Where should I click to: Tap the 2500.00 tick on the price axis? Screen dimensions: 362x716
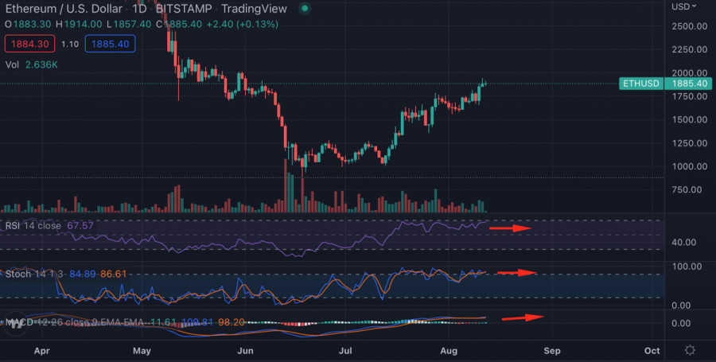pyautogui.click(x=689, y=26)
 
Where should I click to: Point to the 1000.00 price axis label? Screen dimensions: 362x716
pyautogui.click(x=689, y=166)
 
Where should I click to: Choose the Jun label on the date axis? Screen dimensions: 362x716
pyautogui.click(x=246, y=350)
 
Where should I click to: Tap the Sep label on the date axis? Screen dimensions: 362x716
pyautogui.click(x=552, y=350)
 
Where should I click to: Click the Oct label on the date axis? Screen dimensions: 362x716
pyautogui.click(x=652, y=350)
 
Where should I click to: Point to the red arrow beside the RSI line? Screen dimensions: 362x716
pyautogui.click(x=510, y=228)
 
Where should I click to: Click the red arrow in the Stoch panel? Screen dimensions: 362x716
pyautogui.click(x=517, y=273)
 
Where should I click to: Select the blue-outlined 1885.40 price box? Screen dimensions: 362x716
pyautogui.click(x=111, y=44)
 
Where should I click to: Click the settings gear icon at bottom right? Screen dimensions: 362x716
pyautogui.click(x=690, y=350)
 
